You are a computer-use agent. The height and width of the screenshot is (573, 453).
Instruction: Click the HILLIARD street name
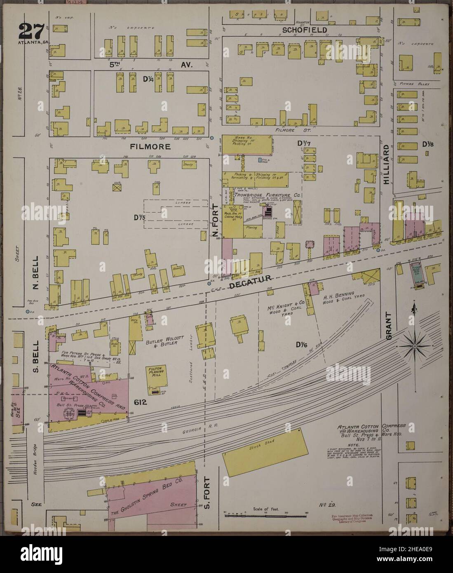(x=386, y=164)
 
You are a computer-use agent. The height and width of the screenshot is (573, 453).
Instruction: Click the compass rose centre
(x=414, y=347)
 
